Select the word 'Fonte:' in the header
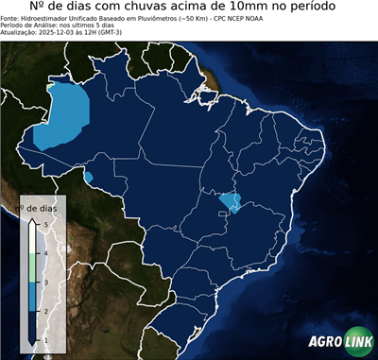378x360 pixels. [11, 19]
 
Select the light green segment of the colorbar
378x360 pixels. [31, 267]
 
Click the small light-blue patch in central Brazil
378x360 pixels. [230, 200]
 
